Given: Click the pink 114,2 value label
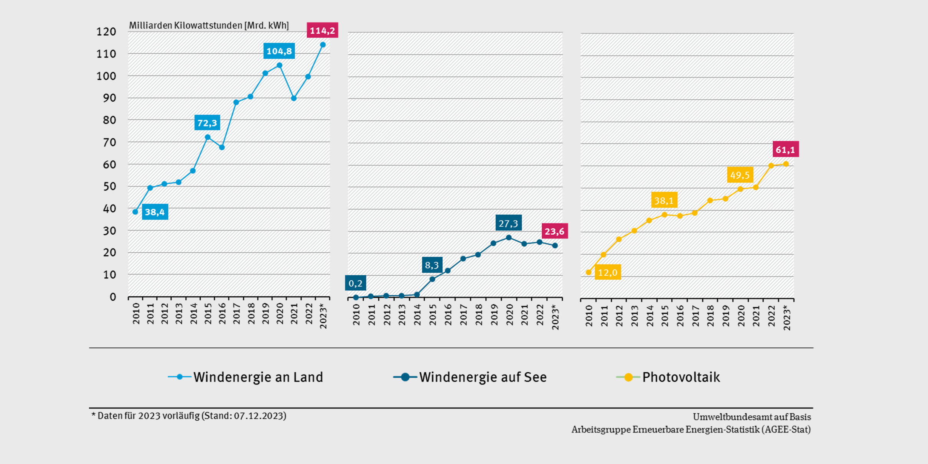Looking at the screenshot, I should (x=322, y=30).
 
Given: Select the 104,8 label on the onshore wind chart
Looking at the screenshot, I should (x=279, y=51).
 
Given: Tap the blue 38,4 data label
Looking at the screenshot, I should (x=155, y=212).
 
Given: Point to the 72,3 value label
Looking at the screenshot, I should (x=207, y=123).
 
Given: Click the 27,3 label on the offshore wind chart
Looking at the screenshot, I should (x=508, y=223).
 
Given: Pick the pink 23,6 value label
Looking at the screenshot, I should (x=554, y=231).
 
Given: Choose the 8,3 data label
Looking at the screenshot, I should (x=432, y=265).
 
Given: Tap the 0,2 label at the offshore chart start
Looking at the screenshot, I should (x=355, y=283).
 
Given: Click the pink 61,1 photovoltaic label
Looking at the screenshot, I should (x=785, y=150).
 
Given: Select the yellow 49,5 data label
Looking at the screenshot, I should (x=740, y=175).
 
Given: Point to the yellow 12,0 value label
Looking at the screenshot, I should (x=608, y=272).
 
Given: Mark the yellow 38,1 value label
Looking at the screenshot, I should (x=664, y=200).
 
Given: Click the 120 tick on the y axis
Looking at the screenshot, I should (x=106, y=32).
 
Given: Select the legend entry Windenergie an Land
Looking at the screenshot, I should (x=258, y=377).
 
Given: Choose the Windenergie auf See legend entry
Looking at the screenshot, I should (x=483, y=377).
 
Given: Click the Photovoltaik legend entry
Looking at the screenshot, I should (x=681, y=377).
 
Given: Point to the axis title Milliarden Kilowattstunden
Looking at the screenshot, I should (x=209, y=25).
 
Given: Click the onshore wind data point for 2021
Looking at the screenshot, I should (x=294, y=99).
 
